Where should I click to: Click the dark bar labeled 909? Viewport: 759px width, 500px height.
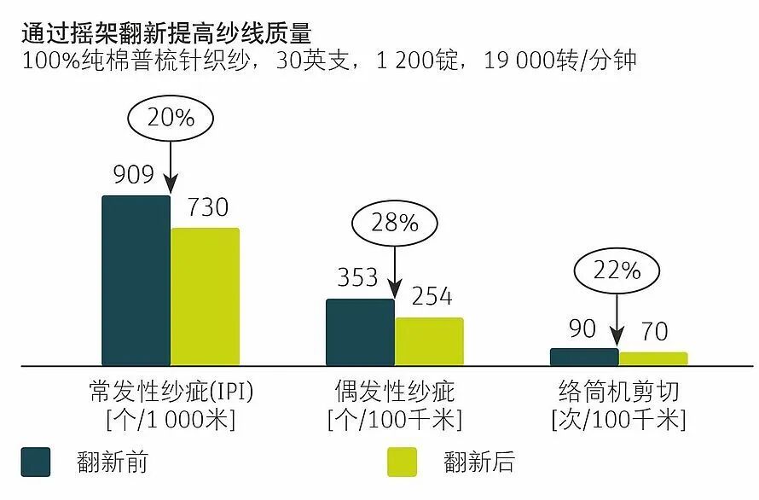tap(136, 281)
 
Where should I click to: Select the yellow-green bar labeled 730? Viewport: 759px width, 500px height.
tap(205, 296)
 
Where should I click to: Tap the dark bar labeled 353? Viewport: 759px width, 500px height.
tap(360, 332)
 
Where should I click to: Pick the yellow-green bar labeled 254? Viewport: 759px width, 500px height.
tap(429, 341)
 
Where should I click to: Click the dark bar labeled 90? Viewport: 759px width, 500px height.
tap(584, 357)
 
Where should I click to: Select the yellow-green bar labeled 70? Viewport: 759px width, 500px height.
tap(653, 358)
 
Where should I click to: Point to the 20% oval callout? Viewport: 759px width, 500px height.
tap(171, 118)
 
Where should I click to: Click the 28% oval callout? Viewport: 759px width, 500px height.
tap(394, 223)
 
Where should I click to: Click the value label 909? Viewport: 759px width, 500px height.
tap(133, 175)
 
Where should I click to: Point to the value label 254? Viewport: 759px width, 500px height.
tap(432, 296)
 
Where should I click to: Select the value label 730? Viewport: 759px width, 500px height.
tap(207, 207)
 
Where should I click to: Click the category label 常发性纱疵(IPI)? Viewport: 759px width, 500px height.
tap(171, 392)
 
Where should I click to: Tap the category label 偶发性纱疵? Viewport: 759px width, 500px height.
tap(394, 392)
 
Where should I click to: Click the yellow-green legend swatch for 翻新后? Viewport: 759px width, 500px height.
tap(402, 462)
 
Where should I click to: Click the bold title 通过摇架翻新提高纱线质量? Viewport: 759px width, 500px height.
tap(165, 34)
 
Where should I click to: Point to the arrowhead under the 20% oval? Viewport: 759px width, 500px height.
tap(171, 185)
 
